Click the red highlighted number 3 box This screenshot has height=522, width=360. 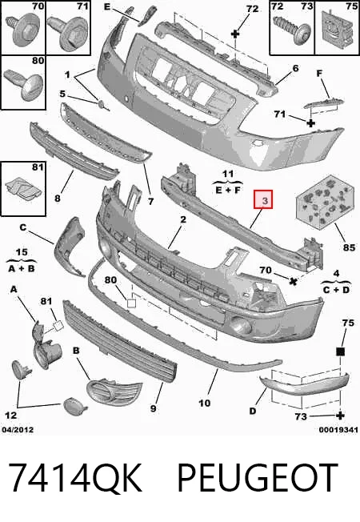(x=263, y=199)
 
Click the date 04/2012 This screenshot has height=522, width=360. (x=18, y=430)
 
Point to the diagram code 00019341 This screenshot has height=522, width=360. (x=338, y=430)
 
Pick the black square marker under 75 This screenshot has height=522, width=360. (x=340, y=351)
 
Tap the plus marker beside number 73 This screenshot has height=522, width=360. (x=340, y=416)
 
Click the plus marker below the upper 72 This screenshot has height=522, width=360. (x=235, y=34)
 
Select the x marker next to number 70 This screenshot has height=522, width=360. (x=293, y=281)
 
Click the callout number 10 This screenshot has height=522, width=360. (x=205, y=404)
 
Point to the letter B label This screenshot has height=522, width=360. (x=76, y=351)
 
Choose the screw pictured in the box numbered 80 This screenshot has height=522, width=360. (x=24, y=84)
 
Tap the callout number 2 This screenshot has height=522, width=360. (x=183, y=219)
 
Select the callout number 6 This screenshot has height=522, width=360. (x=296, y=68)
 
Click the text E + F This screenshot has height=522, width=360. (x=228, y=191)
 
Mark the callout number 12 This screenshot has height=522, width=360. (x=10, y=416)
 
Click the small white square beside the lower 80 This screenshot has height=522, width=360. (x=132, y=303)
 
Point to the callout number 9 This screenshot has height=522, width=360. (x=153, y=408)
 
